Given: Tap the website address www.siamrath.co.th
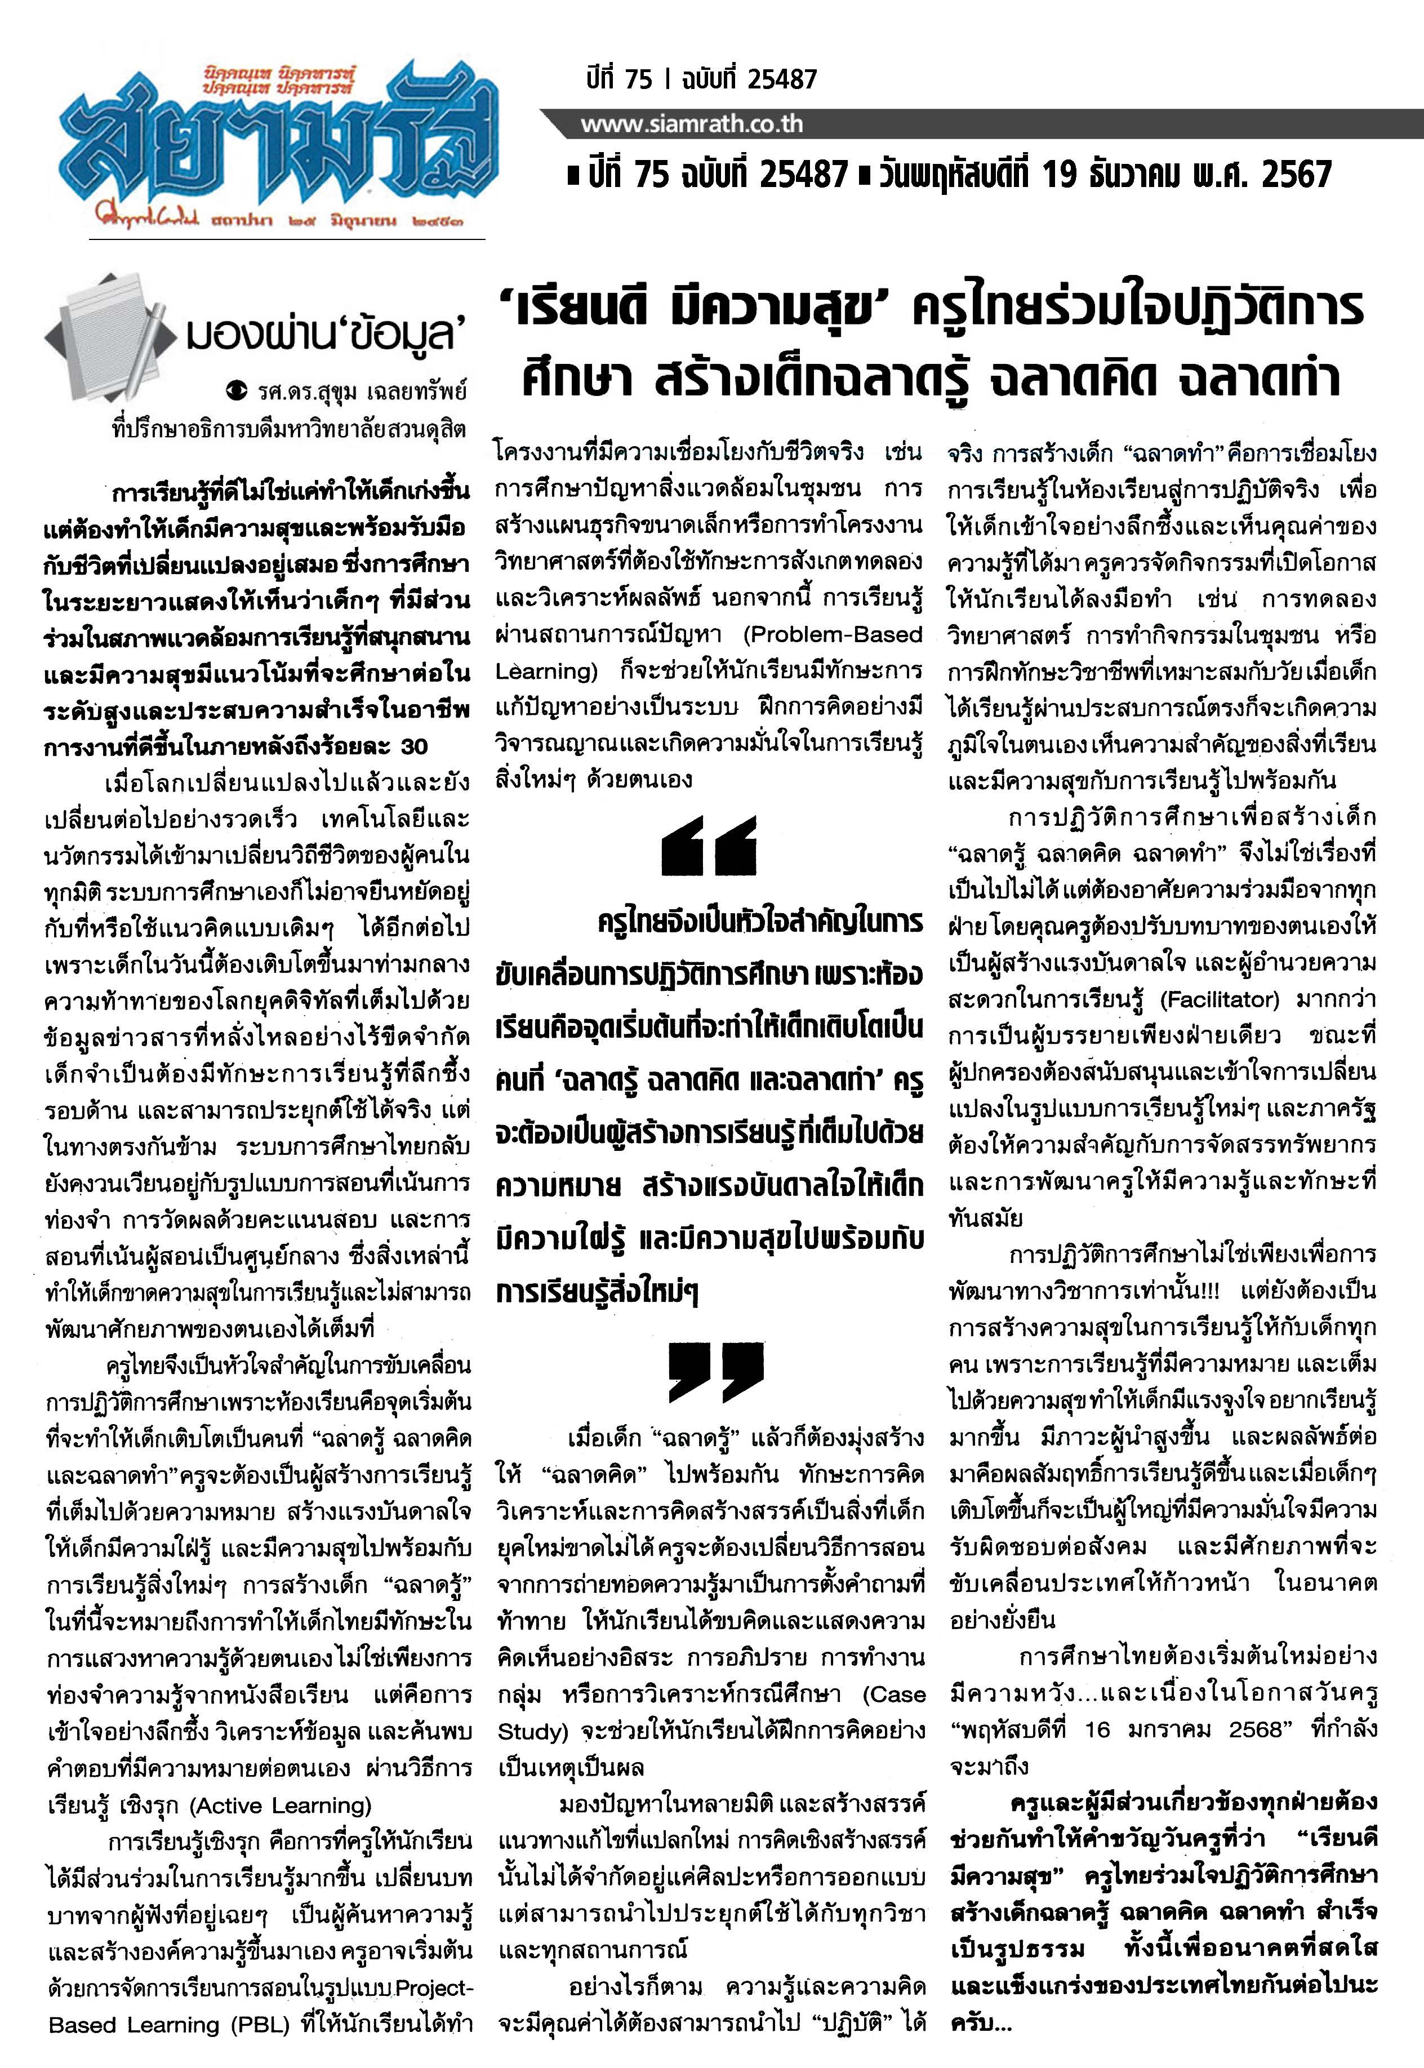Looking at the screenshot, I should coord(692,123).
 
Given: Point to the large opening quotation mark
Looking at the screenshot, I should coord(709,845).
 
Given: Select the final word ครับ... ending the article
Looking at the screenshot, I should coord(981,2023).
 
